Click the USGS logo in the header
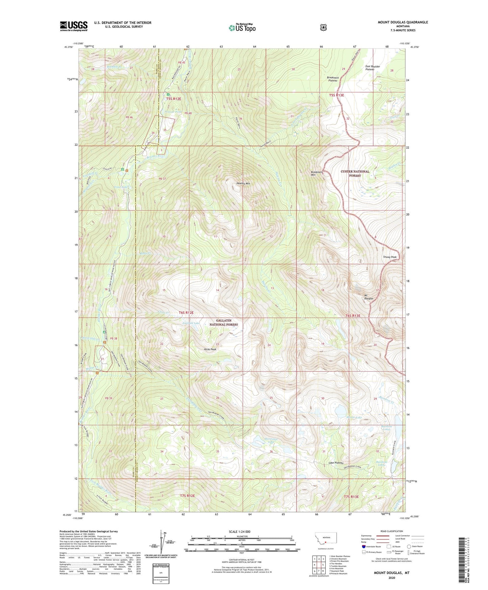pyautogui.click(x=74, y=26)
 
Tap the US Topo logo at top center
pyautogui.click(x=241, y=28)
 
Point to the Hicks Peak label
pyautogui.click(x=210, y=349)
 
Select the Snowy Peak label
pyautogui.click(x=389, y=257)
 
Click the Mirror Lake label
pyautogui.click(x=354, y=418)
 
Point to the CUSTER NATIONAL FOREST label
pyautogui.click(x=355, y=173)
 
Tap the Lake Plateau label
pyautogui.click(x=336, y=463)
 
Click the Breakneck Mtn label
pyautogui.click(x=317, y=173)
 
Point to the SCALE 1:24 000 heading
pyautogui.click(x=239, y=532)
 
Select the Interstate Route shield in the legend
pyautogui.click(x=363, y=546)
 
